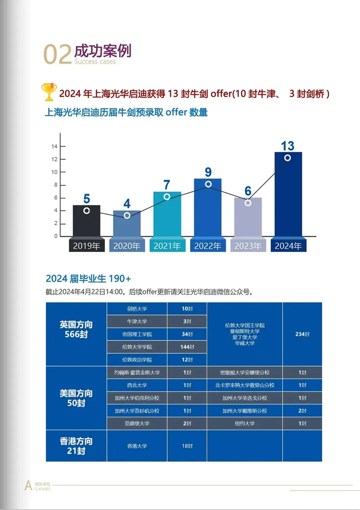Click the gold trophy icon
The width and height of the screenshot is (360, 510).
49,92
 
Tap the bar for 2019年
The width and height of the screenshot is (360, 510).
86,221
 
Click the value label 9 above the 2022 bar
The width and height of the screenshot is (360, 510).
208,172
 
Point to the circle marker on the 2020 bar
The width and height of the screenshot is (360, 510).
127,216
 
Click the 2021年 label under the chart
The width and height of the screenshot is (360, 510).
167,246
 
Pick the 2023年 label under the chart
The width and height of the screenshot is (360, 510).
248,246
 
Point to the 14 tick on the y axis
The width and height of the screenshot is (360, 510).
54,146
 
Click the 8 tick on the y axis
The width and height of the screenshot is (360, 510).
56,185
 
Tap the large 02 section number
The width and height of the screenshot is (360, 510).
57,55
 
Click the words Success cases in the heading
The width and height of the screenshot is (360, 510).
95,62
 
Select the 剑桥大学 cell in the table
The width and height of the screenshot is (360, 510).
137,309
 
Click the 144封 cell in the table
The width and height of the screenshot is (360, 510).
187,347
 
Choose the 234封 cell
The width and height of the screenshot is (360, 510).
302,334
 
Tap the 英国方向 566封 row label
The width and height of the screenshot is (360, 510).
76,329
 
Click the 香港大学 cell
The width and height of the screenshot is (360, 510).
137,446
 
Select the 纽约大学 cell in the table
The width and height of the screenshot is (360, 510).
245,423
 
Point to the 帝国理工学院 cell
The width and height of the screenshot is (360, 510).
137,334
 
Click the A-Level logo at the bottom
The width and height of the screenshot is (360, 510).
37,486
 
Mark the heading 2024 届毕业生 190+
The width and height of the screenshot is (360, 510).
88,278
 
